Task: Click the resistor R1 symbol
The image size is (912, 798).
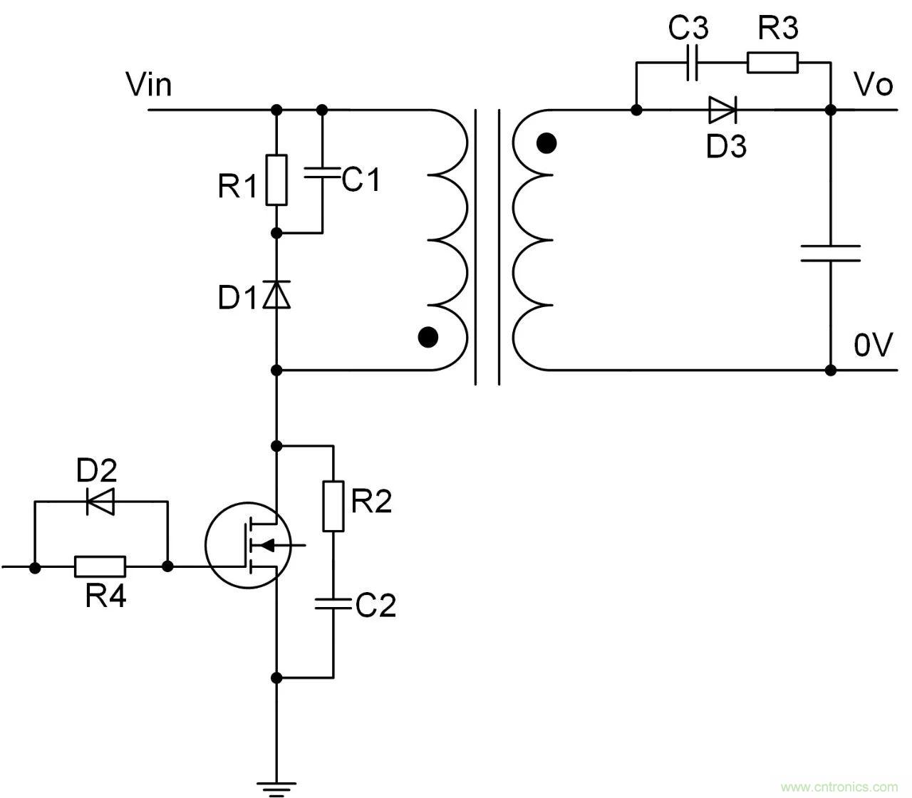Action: [x=277, y=180]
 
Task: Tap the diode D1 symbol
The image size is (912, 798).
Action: [x=277, y=294]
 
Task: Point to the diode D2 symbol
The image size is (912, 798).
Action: [x=100, y=502]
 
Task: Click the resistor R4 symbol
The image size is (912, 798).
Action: [x=100, y=567]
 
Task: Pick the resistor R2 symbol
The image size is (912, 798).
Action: [x=333, y=507]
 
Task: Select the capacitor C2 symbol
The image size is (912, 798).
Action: [x=333, y=604]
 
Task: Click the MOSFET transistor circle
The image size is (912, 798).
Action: [x=248, y=545]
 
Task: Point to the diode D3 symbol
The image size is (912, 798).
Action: [x=722, y=110]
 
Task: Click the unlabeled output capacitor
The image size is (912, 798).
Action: [x=831, y=253]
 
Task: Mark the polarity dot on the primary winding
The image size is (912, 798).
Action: [x=427, y=336]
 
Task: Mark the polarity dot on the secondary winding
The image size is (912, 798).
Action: [x=546, y=144]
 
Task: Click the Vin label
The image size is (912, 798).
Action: [x=148, y=84]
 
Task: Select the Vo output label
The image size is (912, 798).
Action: [x=874, y=85]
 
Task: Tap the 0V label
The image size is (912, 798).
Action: [x=874, y=346]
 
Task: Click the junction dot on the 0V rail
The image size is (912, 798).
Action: [x=831, y=370]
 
